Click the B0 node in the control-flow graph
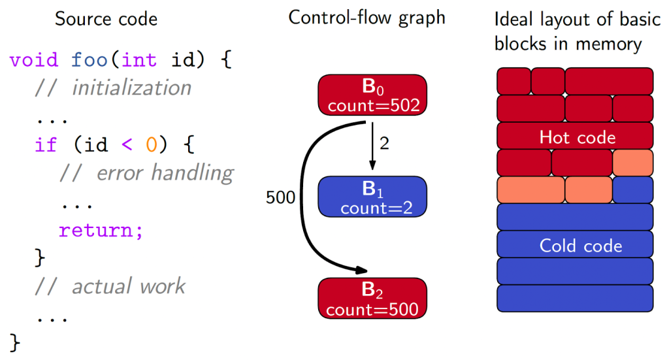372,95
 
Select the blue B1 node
372,197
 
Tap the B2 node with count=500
372,298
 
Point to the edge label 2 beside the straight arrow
384,144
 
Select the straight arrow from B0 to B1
372,147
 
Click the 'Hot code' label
577,137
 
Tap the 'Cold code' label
580,245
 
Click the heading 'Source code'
106,18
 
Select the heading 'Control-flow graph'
367,18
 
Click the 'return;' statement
101,230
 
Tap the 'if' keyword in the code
46,145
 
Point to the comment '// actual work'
110,286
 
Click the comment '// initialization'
112,88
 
